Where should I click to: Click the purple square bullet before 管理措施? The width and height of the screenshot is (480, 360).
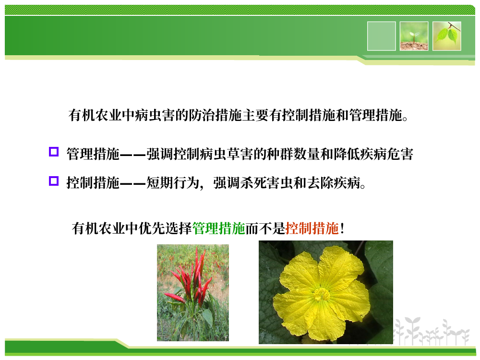54,152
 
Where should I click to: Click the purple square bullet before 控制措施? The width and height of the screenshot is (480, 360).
54,181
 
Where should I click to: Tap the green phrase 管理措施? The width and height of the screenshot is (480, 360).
219,228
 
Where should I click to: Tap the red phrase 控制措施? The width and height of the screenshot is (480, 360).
312,228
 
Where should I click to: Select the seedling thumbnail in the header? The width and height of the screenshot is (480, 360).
414,36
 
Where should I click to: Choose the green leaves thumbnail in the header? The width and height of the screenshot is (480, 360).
446,36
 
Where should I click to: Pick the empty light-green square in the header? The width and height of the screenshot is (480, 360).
382,36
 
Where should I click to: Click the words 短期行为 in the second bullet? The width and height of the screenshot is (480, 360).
173,183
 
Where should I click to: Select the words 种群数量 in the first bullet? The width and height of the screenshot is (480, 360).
293,154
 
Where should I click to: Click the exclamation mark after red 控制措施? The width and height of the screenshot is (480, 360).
342,228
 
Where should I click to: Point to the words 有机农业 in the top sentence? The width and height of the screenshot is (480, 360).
95,115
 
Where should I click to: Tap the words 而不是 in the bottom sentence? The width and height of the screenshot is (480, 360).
265,228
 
